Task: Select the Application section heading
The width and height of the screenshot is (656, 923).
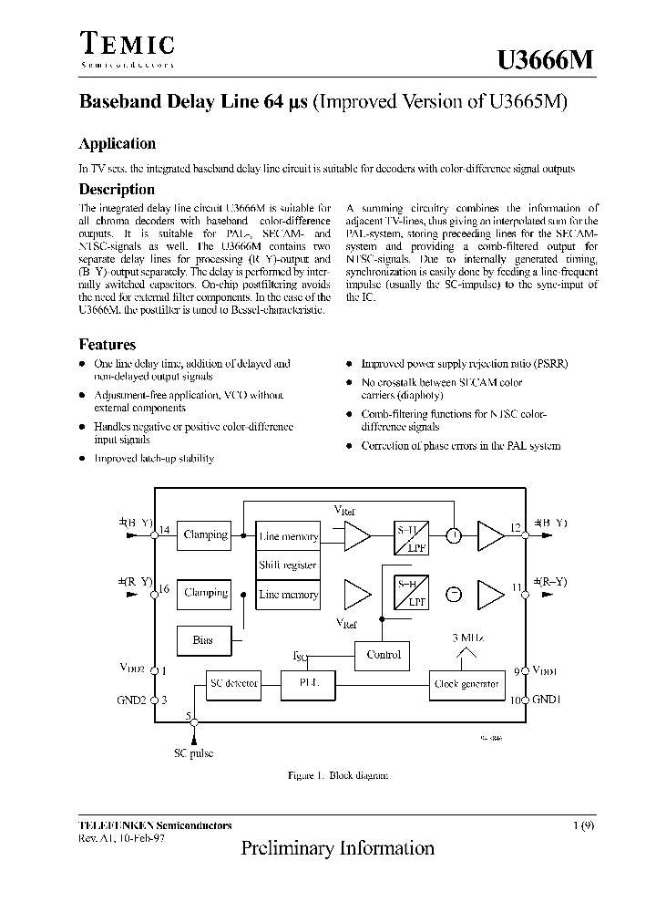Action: click(x=117, y=143)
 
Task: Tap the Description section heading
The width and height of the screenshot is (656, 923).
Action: click(x=117, y=190)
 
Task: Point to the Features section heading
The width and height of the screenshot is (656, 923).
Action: click(x=108, y=345)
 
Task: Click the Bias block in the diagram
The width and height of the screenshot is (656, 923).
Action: click(x=202, y=640)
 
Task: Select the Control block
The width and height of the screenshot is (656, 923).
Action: click(x=383, y=654)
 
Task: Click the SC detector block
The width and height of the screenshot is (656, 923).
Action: click(x=234, y=683)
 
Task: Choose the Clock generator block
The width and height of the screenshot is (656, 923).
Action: click(x=466, y=683)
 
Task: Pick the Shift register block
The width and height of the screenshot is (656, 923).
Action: click(x=288, y=565)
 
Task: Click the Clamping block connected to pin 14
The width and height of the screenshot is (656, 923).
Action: click(x=205, y=535)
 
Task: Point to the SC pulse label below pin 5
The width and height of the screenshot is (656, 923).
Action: click(x=193, y=754)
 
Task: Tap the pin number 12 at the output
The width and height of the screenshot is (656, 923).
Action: click(x=516, y=528)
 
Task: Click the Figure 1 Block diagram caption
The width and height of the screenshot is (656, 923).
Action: click(x=338, y=775)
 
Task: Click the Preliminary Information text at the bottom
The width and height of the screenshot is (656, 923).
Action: click(x=337, y=848)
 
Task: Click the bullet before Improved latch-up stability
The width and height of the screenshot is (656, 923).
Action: click(x=83, y=459)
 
